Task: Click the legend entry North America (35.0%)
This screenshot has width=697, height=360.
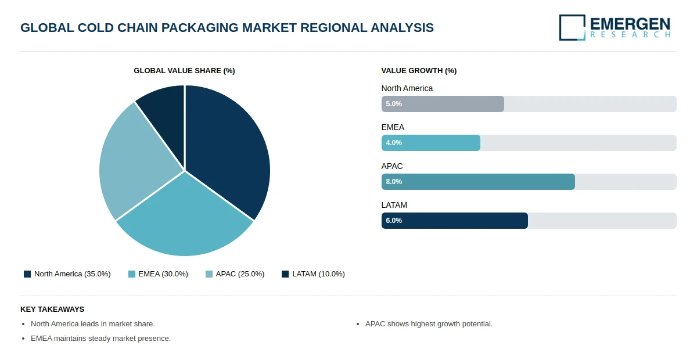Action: (67, 274)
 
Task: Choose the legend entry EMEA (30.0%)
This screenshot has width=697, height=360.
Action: (159, 274)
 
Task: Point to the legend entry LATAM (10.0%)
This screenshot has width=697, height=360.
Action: (314, 274)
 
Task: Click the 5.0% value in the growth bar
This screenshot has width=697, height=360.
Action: (394, 104)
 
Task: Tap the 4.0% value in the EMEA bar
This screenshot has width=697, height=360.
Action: (394, 143)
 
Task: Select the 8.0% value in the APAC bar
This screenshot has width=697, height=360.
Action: (394, 182)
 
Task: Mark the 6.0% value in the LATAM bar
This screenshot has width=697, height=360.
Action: (394, 221)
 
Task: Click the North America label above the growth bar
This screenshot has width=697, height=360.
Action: (407, 88)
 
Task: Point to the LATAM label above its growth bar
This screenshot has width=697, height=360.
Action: (394, 205)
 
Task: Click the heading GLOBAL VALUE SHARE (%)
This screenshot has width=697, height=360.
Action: (184, 71)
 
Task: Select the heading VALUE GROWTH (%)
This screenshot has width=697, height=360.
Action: (419, 71)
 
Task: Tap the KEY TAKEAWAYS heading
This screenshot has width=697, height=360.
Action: (52, 309)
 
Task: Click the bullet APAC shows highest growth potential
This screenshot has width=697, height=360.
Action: (429, 324)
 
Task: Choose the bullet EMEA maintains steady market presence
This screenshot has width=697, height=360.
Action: (100, 339)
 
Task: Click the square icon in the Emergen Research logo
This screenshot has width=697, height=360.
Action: (572, 27)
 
